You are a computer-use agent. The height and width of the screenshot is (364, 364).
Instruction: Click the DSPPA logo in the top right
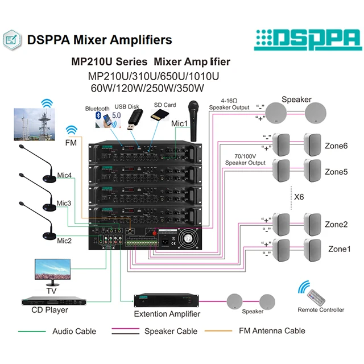click(x=308, y=39)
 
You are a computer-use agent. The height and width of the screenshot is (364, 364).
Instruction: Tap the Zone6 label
click(x=336, y=145)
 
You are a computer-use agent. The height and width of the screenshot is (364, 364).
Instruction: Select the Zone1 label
click(x=340, y=249)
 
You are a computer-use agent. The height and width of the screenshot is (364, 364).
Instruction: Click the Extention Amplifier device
click(x=166, y=301)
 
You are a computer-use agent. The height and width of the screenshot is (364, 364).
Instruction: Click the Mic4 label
click(x=64, y=176)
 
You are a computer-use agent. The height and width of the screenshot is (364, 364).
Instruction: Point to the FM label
click(x=72, y=142)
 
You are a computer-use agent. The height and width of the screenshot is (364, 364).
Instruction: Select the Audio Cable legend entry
click(x=74, y=331)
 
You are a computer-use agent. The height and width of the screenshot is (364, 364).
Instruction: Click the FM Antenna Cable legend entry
click(x=271, y=330)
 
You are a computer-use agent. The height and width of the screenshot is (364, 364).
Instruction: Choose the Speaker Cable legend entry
click(x=171, y=331)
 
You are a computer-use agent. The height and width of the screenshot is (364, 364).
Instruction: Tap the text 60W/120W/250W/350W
click(x=147, y=88)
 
